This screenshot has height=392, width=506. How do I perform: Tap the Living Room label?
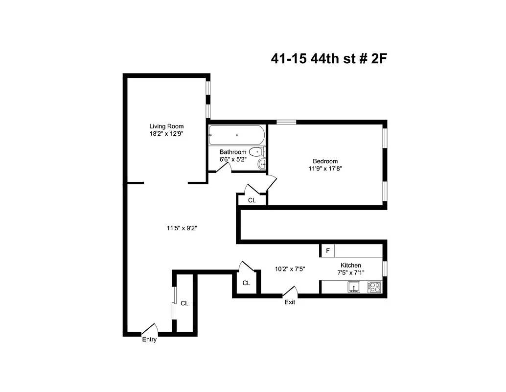coord(166,126)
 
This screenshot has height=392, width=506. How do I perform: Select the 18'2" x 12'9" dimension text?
coord(166,133)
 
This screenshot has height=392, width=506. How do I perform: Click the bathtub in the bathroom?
coord(237,135)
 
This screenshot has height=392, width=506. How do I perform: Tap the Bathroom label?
coord(232,152)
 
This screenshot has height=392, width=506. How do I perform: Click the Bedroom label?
coord(325,161)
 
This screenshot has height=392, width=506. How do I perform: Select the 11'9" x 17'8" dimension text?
coord(325,169)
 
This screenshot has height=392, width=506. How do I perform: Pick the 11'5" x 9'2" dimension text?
coord(182,228)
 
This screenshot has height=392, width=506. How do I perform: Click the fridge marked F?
coord(328,251)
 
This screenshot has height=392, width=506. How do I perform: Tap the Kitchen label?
coord(350,265)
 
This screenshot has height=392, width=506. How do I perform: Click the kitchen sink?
coord(353,287)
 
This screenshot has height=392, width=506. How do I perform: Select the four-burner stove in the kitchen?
coord(374,287)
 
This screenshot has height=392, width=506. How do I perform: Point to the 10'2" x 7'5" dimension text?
coord(290,269)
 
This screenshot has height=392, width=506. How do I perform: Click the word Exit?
coord(290,302)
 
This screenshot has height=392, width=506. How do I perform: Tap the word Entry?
coord(149,340)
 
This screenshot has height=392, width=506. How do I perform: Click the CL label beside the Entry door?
coord(184,303)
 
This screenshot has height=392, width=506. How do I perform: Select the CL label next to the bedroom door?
coord(252,200)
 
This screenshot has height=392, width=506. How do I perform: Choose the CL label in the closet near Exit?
coord(246,283)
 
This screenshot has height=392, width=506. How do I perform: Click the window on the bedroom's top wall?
coord(286,122)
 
